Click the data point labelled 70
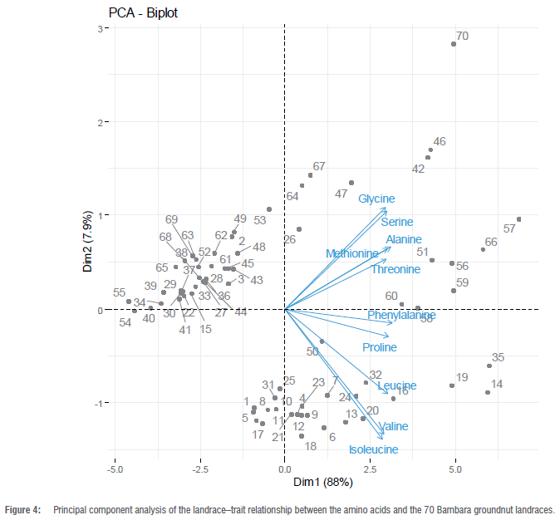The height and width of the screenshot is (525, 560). coord(454,44)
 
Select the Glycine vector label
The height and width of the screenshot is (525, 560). coord(376,199)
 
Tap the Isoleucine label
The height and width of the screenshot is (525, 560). coord(373,450)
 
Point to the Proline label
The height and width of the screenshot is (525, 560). coord(380,347)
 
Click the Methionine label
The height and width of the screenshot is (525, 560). coord(351,253)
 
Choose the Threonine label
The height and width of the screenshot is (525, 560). coord(395,269)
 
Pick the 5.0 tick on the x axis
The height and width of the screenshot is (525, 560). coord(454,469)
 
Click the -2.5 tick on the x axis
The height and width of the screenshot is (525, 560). coord(199,469)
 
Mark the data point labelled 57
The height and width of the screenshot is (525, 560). coord(518,219)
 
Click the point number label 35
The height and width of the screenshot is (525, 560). coord(499,358)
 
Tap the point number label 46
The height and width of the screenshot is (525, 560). coord(440,142)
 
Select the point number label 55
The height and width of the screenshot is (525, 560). coord(120,293)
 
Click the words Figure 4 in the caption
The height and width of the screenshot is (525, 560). coord(22,510)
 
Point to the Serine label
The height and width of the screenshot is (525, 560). coord(397,222)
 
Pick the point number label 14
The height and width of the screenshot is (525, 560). coord(497,385)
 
